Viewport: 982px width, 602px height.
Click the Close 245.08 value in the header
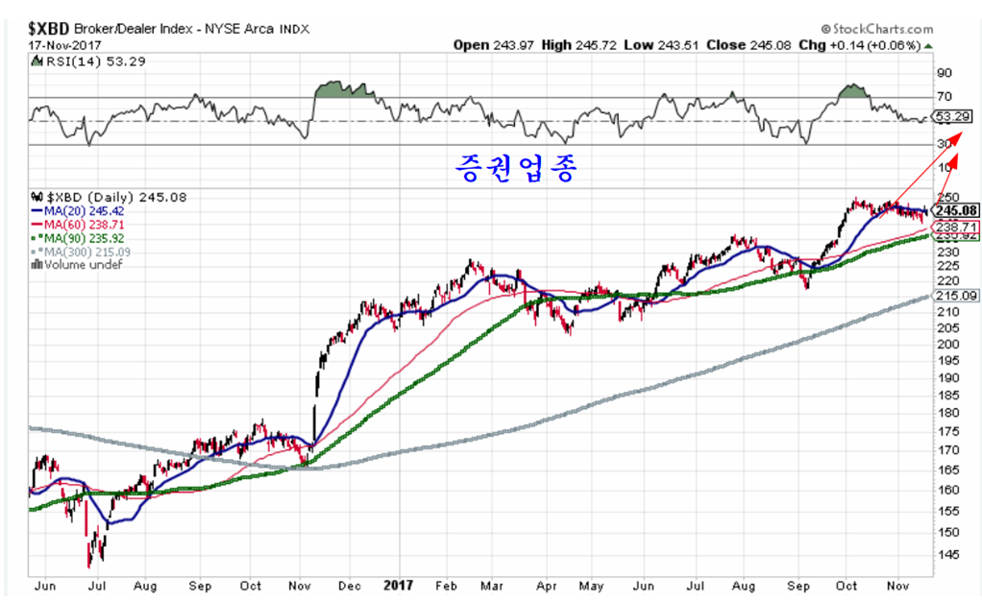click(744, 45)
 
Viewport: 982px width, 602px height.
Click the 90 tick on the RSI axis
click(944, 73)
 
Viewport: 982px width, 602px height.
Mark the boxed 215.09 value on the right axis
click(958, 297)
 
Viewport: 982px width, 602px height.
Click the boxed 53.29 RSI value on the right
click(954, 116)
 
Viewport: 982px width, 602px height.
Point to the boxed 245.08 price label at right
click(958, 210)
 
